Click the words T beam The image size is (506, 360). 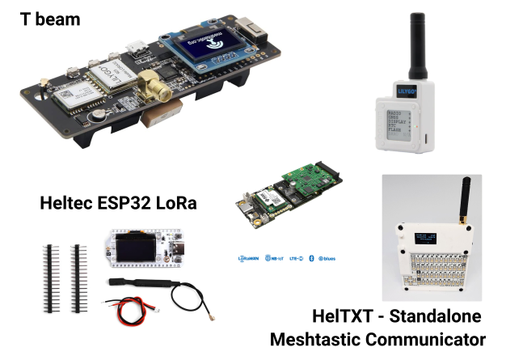coord(49,17)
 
